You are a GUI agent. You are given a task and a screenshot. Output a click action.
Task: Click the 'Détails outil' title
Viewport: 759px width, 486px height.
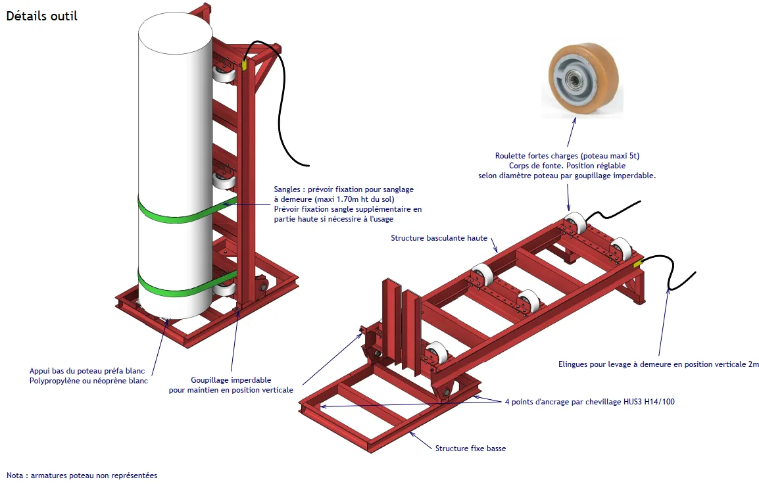pyautogui.click(x=41, y=16)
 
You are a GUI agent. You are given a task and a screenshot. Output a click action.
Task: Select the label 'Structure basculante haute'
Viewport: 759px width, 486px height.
pyautogui.click(x=439, y=238)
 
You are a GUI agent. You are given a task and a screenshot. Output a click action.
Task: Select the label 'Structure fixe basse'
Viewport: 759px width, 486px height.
pyautogui.click(x=470, y=449)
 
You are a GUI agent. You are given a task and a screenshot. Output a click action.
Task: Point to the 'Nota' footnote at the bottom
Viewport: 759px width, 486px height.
pyautogui.click(x=82, y=475)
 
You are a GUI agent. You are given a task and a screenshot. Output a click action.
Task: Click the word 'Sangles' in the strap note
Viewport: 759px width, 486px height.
pyautogui.click(x=287, y=190)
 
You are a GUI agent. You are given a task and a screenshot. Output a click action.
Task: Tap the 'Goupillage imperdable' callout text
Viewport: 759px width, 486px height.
pyautogui.click(x=231, y=381)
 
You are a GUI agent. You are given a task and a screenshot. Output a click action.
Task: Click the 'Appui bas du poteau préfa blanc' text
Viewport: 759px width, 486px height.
pyautogui.click(x=87, y=372)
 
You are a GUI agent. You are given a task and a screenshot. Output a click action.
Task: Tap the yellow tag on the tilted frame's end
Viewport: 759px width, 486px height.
pyautogui.click(x=637, y=263)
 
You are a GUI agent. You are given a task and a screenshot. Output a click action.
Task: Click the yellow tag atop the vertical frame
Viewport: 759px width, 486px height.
pyautogui.click(x=244, y=64)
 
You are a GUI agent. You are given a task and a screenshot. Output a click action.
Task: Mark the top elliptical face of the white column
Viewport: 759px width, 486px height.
pyautogui.click(x=175, y=33)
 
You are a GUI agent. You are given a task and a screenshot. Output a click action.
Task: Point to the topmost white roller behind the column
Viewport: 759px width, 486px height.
pyautogui.click(x=224, y=75)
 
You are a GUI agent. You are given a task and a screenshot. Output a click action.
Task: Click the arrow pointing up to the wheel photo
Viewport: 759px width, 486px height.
pyautogui.click(x=571, y=132)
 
